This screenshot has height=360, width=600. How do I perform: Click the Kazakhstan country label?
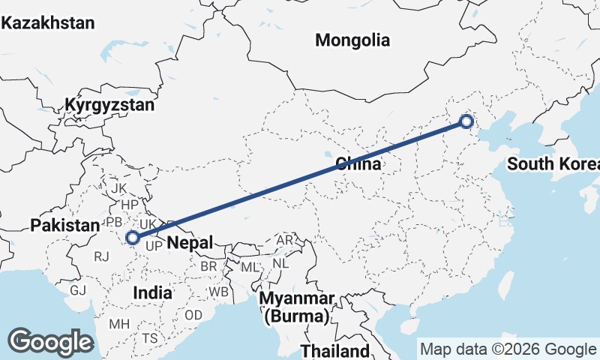(x=48, y=23)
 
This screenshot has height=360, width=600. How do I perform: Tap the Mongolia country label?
(x=352, y=40)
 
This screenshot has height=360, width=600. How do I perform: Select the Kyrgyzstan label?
(x=109, y=105)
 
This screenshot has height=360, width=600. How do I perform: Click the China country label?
(x=358, y=163)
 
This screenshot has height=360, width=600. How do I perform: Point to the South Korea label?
(x=553, y=164)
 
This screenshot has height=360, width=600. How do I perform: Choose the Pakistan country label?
(x=64, y=225)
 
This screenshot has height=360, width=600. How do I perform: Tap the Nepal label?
(x=190, y=241)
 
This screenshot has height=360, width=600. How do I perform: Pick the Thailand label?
(x=334, y=350)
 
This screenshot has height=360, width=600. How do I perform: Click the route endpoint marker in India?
(x=133, y=238)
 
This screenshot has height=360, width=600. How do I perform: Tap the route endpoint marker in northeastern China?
(x=466, y=121)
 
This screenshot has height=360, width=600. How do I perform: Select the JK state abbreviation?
(x=119, y=187)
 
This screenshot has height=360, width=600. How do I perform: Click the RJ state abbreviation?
(x=102, y=256)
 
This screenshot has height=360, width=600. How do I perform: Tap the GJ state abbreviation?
(x=78, y=290)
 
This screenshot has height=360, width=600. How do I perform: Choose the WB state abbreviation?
(x=219, y=291)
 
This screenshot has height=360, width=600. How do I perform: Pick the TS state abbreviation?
(x=150, y=338)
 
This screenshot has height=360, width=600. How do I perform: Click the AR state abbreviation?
(x=285, y=241)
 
